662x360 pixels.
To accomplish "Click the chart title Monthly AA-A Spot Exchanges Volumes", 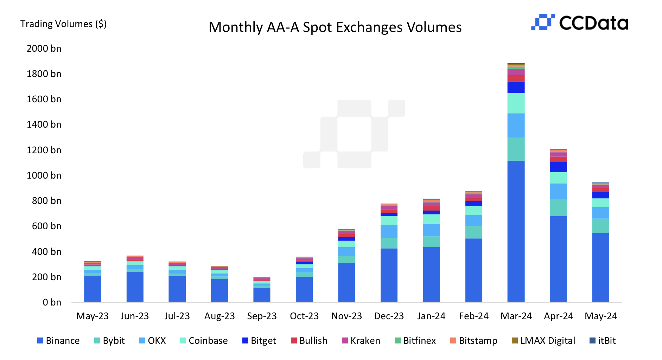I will point(335,27).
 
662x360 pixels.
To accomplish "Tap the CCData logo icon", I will point(543,22).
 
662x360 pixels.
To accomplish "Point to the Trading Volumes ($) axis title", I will point(63,24).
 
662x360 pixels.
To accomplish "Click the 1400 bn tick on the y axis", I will point(44,124).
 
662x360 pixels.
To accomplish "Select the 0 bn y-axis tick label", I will point(52,302).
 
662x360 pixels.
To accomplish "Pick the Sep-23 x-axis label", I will point(262,316).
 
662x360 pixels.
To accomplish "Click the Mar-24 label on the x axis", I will point(516,316).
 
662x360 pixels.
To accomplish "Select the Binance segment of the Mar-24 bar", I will point(516,231).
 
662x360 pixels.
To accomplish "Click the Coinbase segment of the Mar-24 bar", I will point(516,103).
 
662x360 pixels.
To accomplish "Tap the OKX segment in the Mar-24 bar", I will point(516,125).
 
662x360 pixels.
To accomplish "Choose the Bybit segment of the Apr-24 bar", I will point(558,208).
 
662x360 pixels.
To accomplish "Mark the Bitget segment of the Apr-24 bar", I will point(558,167).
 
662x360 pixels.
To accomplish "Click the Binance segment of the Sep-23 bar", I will point(262,295).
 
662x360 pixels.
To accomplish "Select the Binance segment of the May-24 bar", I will point(600,267).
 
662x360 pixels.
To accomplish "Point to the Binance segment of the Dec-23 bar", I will point(389,275).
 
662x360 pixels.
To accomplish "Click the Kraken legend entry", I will point(361,341).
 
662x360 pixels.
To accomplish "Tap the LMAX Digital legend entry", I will point(543,341).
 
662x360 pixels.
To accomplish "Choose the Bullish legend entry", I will point(309,341).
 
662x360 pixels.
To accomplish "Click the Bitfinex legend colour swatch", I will point(397,341).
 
